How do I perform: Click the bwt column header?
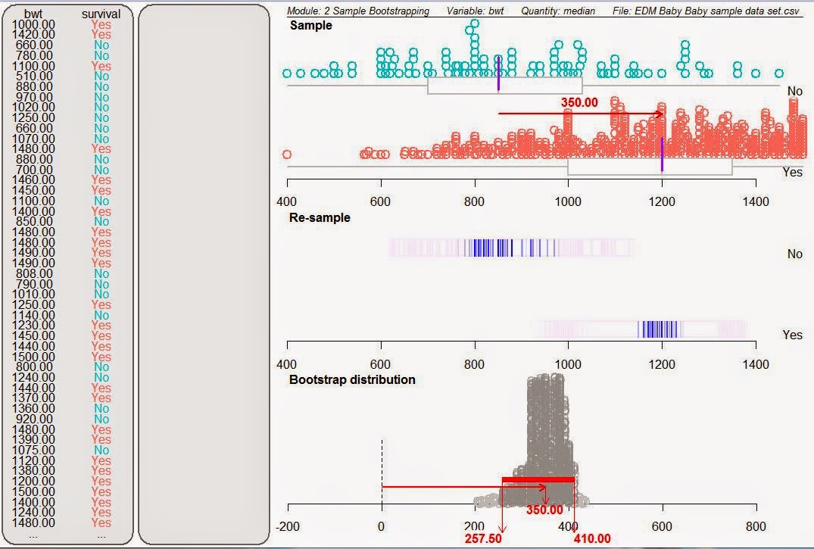pos(33,14)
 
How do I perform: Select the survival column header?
pos(101,14)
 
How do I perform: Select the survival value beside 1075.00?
pos(101,450)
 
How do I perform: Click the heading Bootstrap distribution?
pos(352,379)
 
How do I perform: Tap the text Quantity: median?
pos(557,11)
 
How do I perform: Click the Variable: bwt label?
pos(476,11)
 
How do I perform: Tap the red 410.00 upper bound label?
pos(591,539)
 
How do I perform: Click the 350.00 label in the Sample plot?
pos(579,102)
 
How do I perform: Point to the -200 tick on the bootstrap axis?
pos(288,527)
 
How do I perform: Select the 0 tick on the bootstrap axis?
pos(382,527)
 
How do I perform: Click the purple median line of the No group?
pos(498,73)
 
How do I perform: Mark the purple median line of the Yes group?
pos(662,154)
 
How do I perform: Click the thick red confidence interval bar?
pos(538,479)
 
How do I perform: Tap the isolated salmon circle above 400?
pos(287,154)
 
